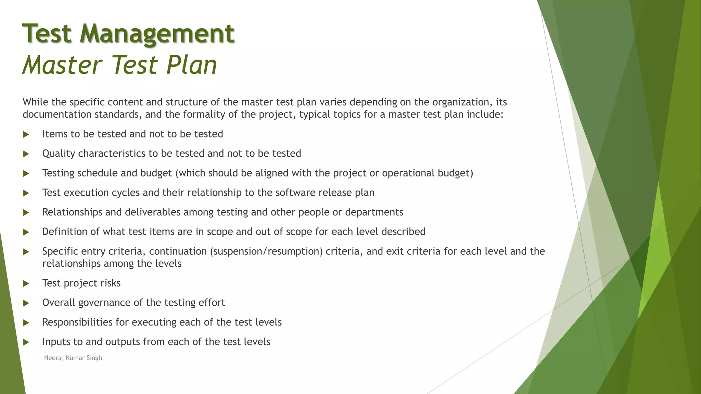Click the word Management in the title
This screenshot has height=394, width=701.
157,34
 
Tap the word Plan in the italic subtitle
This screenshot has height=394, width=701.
191,65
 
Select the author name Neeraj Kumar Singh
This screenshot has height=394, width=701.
73,358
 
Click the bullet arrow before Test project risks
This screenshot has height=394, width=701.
26,284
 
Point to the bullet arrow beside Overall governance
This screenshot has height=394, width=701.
26,303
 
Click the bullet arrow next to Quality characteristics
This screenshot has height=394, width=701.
26,154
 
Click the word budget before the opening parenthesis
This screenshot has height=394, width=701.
156,173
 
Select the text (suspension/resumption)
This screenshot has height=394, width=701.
266,251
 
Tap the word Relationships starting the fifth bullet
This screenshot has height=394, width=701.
72,212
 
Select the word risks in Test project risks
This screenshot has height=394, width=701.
111,283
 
